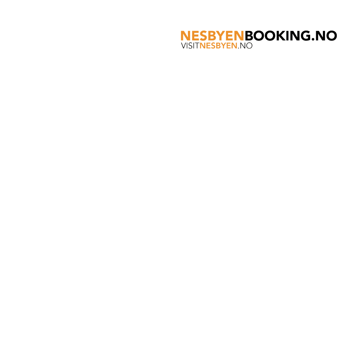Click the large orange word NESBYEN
[x=212, y=36]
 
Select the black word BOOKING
[x=278, y=36]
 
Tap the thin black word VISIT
[x=190, y=46]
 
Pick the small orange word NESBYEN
[x=218, y=46]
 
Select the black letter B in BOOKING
[x=249, y=36]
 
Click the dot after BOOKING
[x=313, y=40]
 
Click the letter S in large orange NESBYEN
[x=203, y=36]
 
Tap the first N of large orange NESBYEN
[x=185, y=36]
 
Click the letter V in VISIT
[x=184, y=46]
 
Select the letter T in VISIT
[x=196, y=46]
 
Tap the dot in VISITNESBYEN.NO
[x=238, y=48]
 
